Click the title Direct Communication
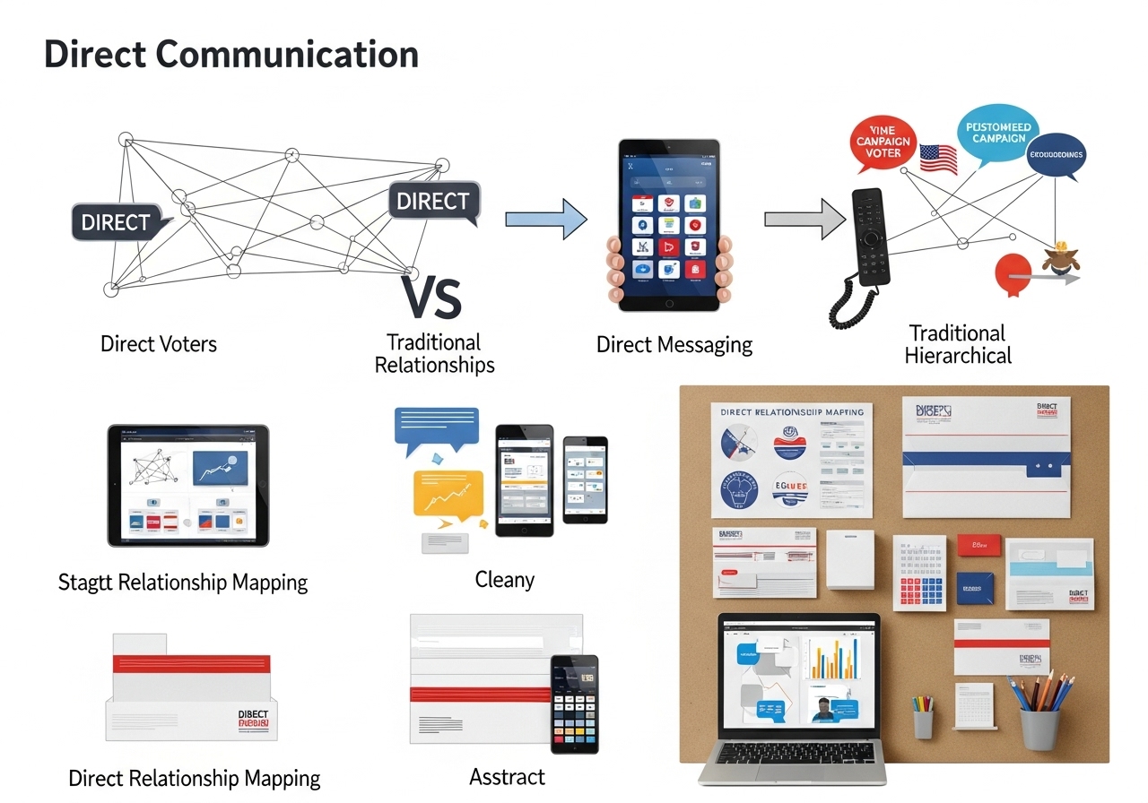[x=231, y=55]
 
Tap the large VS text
[x=431, y=298]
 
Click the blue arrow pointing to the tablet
[x=545, y=220]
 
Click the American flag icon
[x=938, y=159]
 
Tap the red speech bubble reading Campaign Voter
[x=883, y=143]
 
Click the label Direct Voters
[x=159, y=343]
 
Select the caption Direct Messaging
[x=674, y=344]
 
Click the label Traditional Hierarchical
[x=957, y=344]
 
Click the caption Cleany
[x=504, y=580]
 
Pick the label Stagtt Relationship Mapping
[x=183, y=583]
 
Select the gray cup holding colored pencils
[x=1039, y=726]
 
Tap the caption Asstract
[x=507, y=776]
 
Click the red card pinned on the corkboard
[x=978, y=544]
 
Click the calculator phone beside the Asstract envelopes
[x=574, y=704]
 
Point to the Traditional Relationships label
[x=434, y=354]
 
